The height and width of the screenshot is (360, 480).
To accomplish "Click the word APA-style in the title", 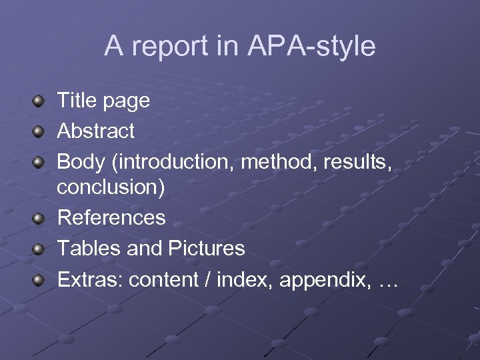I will pos(311,46).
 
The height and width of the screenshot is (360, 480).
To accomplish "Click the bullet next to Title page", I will pos(39,102).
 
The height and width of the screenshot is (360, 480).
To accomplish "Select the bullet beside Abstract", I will pos(39,131).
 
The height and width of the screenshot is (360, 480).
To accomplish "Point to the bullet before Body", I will pos(39,161).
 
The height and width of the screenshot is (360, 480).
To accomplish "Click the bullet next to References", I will pos(39,218).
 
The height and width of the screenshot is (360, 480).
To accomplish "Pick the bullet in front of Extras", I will pos(39,279).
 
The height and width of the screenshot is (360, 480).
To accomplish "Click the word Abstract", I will pos(95,131).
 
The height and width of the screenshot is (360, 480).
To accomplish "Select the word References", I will pos(111,217).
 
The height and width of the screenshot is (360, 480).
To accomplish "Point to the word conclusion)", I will pos(111,188).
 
